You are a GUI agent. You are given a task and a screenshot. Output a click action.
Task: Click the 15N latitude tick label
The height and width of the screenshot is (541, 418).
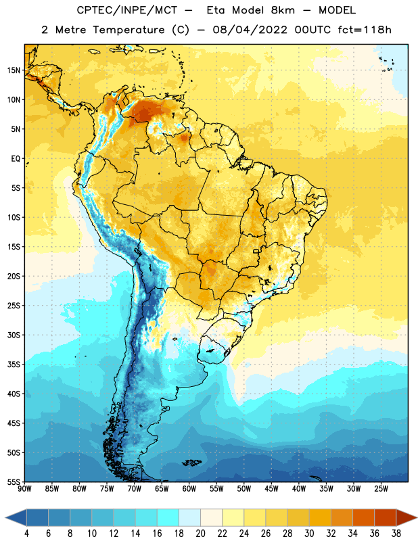(14, 70)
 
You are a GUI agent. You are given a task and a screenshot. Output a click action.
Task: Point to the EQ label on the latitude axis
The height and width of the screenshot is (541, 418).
(16, 159)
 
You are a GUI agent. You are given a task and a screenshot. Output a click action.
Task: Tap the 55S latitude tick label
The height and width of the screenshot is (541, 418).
(14, 482)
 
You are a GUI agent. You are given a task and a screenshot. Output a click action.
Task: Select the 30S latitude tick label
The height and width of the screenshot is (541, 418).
(14, 335)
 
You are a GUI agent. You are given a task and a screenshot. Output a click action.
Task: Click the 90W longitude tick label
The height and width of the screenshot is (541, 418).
(24, 489)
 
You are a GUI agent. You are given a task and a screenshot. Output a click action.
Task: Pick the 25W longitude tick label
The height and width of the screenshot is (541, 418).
(381, 489)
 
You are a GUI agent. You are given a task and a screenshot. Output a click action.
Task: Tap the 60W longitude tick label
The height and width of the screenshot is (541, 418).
(189, 489)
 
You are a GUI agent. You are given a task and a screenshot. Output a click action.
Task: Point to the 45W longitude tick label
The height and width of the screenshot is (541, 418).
(272, 489)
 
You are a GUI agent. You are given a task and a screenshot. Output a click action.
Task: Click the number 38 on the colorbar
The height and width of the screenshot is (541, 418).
(396, 534)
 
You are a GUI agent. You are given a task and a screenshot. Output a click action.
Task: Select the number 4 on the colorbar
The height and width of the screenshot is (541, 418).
(26, 534)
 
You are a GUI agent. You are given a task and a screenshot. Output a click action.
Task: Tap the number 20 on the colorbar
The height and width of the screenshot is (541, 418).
(200, 534)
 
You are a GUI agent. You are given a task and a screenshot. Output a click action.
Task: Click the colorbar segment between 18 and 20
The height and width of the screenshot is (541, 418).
(189, 518)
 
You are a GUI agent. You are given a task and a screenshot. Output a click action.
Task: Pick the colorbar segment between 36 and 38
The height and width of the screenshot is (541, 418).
(386, 518)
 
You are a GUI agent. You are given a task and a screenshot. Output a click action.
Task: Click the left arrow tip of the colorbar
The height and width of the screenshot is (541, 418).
(5, 518)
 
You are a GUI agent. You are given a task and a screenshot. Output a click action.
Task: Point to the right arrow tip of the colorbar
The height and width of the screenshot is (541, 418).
(417, 518)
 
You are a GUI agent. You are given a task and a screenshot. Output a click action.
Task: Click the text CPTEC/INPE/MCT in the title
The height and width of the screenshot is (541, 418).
(127, 10)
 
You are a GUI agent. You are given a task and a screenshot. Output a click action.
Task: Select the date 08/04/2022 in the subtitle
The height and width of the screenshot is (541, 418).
(250, 30)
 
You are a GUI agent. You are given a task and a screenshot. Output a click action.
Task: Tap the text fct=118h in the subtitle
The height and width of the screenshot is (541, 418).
(365, 30)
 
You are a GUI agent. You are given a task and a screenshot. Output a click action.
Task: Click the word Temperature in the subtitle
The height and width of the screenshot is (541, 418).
(129, 30)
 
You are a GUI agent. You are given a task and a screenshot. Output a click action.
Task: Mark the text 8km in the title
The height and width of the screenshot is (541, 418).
(283, 10)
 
